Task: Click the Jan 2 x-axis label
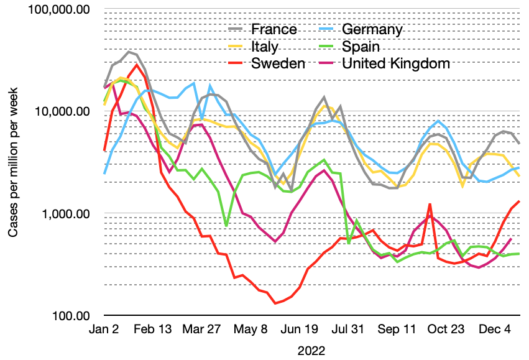pyautogui.click(x=104, y=330)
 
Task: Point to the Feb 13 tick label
pyautogui.click(x=152, y=330)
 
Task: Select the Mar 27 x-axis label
pyautogui.click(x=201, y=330)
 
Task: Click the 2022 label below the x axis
pyautogui.click(x=311, y=351)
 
